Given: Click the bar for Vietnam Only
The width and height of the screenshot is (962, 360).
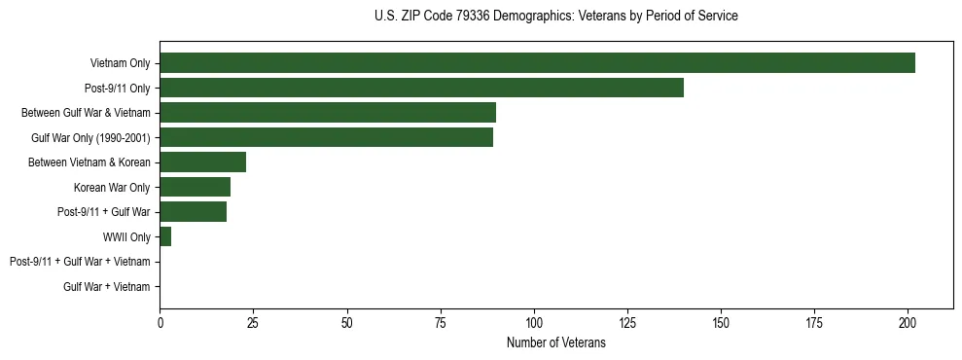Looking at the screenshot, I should (537, 63).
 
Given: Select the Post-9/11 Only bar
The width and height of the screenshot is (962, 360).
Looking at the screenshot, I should (421, 88).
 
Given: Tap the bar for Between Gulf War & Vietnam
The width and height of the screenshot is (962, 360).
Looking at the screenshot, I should (328, 113).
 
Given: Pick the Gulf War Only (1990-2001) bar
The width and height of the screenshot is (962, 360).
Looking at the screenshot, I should (326, 137).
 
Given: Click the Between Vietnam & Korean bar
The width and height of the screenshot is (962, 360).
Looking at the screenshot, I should (202, 162).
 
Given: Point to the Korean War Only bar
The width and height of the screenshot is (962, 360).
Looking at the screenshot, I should (195, 187).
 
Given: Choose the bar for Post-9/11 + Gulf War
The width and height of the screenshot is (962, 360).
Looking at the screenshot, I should (193, 212).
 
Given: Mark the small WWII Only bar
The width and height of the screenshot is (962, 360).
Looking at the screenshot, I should (165, 236).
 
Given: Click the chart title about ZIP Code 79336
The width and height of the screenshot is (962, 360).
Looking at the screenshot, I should (555, 17).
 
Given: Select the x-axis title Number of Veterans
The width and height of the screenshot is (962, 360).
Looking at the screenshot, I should (555, 343).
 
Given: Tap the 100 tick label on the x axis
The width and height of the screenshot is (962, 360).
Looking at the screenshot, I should (533, 323).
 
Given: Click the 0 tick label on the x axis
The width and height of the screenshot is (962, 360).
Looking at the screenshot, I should (160, 323).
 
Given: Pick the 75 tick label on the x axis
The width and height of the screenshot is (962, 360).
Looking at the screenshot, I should (440, 323).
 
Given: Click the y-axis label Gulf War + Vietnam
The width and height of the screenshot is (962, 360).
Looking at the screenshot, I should (107, 287).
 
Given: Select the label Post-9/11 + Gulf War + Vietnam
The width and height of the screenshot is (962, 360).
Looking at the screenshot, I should (80, 262).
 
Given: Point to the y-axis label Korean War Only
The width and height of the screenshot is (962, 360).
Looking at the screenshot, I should (112, 187).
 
